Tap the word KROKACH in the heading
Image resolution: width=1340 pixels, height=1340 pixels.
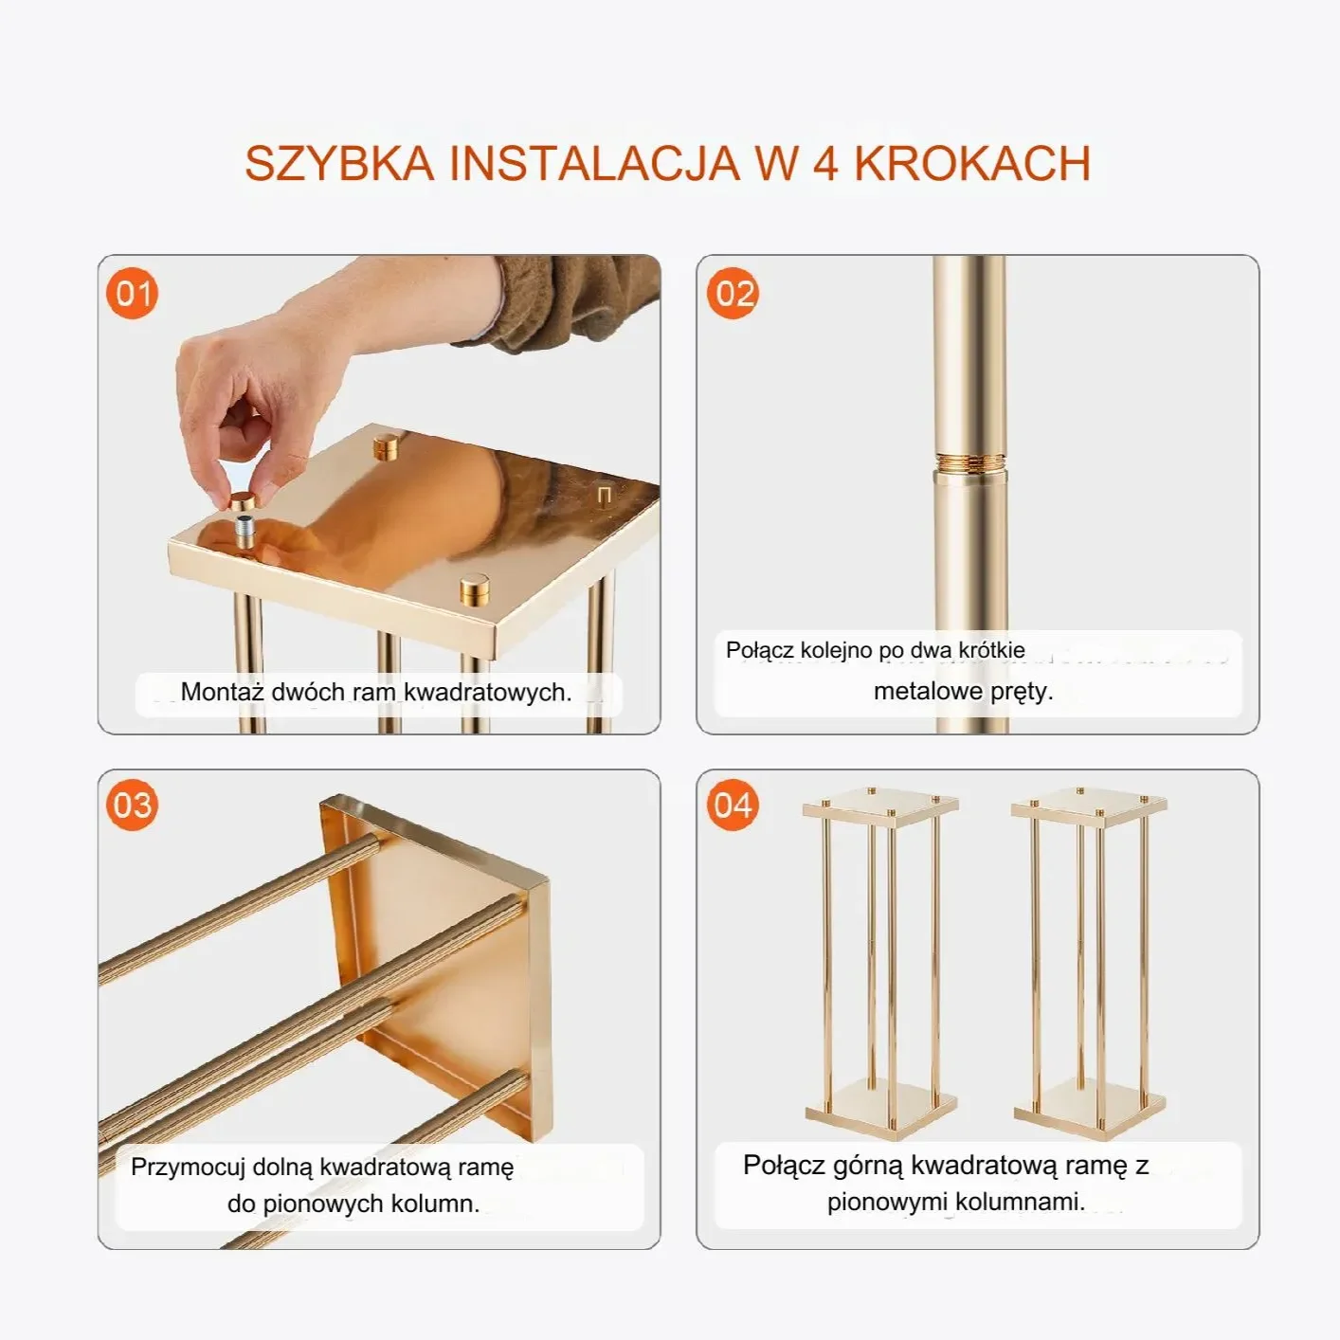coord(972,163)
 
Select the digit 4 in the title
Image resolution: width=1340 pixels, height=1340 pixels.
coord(824,163)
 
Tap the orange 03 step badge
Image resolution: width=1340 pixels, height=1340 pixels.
coord(132,806)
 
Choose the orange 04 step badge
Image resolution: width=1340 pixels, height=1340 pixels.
coord(733,806)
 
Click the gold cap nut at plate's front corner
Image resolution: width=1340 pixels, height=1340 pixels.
coord(476,589)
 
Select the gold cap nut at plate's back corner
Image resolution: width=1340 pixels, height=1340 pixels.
coord(386,445)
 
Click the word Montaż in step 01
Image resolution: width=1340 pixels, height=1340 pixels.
coord(222,692)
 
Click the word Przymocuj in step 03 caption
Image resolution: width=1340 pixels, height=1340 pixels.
coord(188,1167)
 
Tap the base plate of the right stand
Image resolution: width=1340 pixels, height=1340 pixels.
coord(1088,1104)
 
